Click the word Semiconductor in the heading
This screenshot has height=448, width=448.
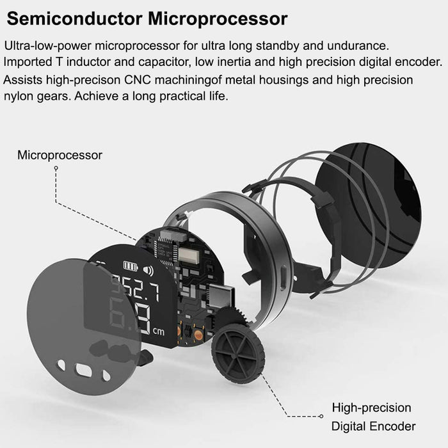point(75,19)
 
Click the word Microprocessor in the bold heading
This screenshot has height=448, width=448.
point(218,19)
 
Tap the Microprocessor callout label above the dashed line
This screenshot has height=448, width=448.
point(60,156)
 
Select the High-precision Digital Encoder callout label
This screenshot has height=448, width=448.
point(373,417)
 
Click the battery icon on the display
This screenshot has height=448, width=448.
point(131,266)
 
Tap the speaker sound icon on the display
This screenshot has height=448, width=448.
point(148,271)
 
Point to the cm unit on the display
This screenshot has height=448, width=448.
point(159,332)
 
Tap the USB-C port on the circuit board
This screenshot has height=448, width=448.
point(221,296)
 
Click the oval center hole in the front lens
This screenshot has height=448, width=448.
point(84,370)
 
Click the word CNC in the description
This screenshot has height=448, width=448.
point(138,80)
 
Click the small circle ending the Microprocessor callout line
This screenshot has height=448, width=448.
point(56,168)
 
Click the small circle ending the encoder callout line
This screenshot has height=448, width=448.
point(321,416)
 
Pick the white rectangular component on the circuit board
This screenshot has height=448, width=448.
point(189,256)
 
